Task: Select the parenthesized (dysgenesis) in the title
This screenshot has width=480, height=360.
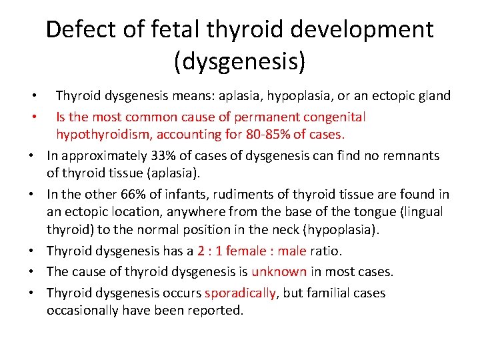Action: click(x=240, y=62)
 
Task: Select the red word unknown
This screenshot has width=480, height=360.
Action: click(x=279, y=272)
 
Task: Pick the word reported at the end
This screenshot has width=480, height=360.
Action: click(x=217, y=311)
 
